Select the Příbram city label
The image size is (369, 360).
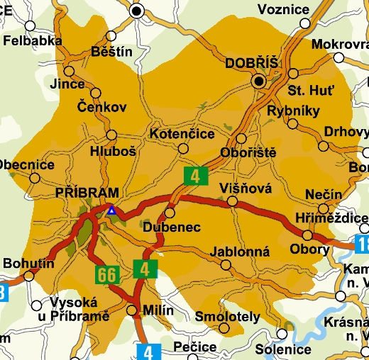tap(87, 192)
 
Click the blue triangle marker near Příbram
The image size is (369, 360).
tap(111, 210)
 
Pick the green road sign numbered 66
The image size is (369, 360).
tap(107, 274)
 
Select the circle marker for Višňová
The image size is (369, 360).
tap(232, 202)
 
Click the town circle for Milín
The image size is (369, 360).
tap(132, 310)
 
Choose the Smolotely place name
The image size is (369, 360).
tap(227, 317)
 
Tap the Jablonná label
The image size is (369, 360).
tap(240, 252)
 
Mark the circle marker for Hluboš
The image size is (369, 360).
tap(111, 135)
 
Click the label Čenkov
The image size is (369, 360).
tap(102, 108)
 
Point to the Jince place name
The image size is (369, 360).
tap(67, 84)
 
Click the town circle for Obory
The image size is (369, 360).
tap(307, 235)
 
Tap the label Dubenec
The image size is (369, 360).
tap(172, 227)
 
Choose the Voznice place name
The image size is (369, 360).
tap(283, 9)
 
